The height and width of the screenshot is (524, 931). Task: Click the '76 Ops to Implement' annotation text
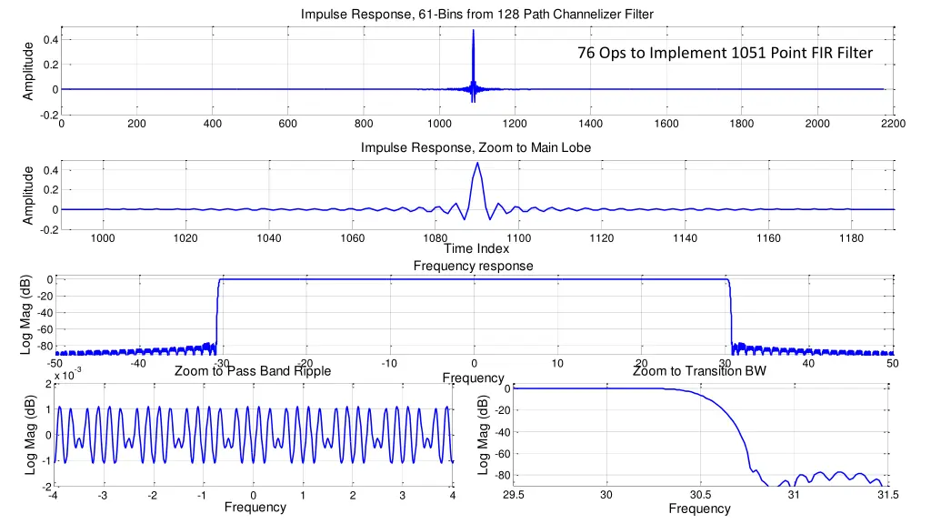[x=725, y=53]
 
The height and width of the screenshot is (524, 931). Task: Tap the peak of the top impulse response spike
[x=473, y=31]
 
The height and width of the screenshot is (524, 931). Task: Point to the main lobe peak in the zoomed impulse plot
[x=477, y=164]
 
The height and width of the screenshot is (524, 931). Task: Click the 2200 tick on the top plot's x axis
[x=893, y=124]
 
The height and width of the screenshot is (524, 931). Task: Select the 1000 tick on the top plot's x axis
[x=439, y=124]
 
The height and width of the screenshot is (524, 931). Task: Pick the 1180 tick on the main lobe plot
[x=851, y=238]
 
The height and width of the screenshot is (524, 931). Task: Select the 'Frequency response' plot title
[x=473, y=266]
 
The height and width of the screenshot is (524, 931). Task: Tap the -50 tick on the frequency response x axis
[x=56, y=364]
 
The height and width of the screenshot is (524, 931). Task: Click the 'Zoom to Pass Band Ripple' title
[x=253, y=371]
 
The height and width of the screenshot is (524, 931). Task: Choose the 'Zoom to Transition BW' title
[x=699, y=371]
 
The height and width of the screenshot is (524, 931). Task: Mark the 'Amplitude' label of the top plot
[x=30, y=71]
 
